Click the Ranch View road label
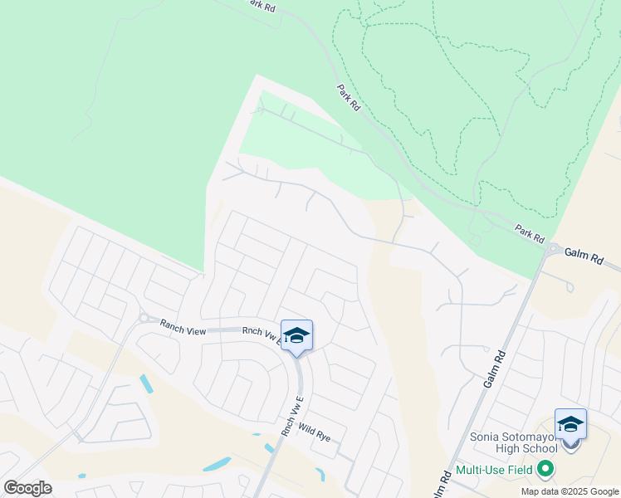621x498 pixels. pyautogui.click(x=183, y=330)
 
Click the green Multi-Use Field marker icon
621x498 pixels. pyautogui.click(x=545, y=471)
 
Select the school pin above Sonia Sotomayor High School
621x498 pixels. pyautogui.click(x=570, y=424)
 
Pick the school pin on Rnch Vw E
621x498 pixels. pyautogui.click(x=296, y=336)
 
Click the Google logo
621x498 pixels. pyautogui.click(x=27, y=488)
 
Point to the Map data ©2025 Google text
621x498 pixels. pyautogui.click(x=569, y=491)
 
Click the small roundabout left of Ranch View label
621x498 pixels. pyautogui.click(x=143, y=318)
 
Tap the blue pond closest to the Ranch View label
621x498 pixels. pyautogui.click(x=147, y=383)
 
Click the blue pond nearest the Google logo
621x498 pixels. pyautogui.click(x=81, y=476)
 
